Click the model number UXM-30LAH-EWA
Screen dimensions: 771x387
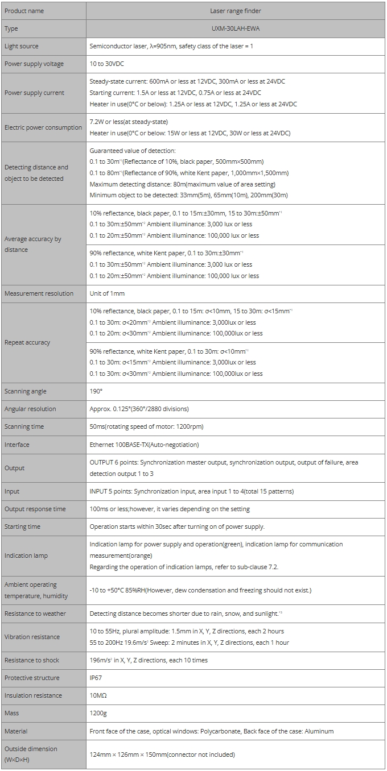pyautogui.click(x=235, y=28)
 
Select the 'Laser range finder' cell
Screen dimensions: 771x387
pyautogui.click(x=235, y=11)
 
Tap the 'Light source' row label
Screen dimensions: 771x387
pyautogui.click(x=22, y=46)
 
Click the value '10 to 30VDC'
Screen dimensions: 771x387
pyautogui.click(x=108, y=64)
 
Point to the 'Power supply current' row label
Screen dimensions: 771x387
pyautogui.click(x=34, y=93)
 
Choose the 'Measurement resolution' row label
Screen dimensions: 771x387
pyautogui.click(x=39, y=293)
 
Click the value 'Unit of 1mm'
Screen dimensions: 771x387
pyautogui.click(x=107, y=293)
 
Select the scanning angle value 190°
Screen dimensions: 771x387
pyautogui.click(x=96, y=391)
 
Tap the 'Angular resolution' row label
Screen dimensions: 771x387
pyautogui.click(x=30, y=409)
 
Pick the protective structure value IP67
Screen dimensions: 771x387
pyautogui.click(x=96, y=678)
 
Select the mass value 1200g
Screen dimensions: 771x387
pyautogui.click(x=98, y=713)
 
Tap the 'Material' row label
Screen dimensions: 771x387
pyautogui.click(x=16, y=731)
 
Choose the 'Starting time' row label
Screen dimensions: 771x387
pyautogui.click(x=22, y=527)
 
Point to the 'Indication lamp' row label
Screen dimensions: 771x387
pyautogui.click(x=26, y=556)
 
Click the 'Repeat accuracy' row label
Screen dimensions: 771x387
pyautogui.click(x=27, y=342)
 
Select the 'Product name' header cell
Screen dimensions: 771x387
pyautogui.click(x=24, y=11)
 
